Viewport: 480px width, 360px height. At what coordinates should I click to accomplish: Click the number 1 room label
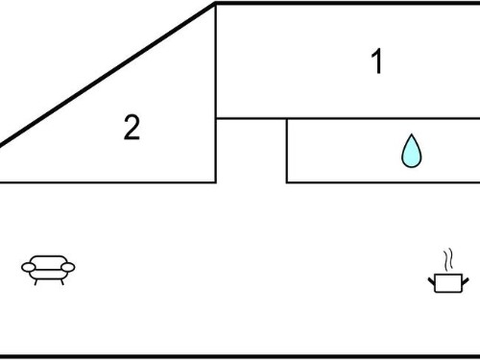point(377,61)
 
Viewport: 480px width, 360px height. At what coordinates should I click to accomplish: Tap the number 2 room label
point(132,127)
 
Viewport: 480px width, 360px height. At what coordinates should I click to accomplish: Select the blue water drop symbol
point(412,151)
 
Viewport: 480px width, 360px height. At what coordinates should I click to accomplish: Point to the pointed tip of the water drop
point(412,134)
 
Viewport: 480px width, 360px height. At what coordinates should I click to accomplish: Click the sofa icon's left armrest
point(29,267)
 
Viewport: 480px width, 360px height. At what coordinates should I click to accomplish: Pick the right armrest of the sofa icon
point(68,267)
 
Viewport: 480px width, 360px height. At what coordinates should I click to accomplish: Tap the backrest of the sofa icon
point(49,261)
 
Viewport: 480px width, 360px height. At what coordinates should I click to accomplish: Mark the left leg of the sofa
point(36,282)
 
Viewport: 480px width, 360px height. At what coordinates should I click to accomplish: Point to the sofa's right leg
point(62,282)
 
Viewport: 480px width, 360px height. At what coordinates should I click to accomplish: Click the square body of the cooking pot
point(448,283)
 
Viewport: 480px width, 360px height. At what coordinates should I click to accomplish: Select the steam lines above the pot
point(448,258)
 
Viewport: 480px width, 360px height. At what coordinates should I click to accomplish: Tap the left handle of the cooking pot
point(431,281)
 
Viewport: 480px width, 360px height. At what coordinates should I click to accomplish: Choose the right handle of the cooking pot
point(466,281)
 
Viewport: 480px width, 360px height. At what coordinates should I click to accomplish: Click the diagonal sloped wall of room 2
point(108,75)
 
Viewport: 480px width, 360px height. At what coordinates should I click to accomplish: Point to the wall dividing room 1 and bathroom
point(348,119)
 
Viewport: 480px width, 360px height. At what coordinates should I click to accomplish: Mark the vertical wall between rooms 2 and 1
point(216,93)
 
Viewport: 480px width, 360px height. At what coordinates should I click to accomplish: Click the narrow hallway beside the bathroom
point(252,151)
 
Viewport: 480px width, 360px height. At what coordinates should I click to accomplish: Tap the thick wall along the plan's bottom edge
point(240,356)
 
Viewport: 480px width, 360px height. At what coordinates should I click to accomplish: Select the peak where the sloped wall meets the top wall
point(216,3)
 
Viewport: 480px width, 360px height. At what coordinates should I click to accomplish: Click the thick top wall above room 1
point(348,3)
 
